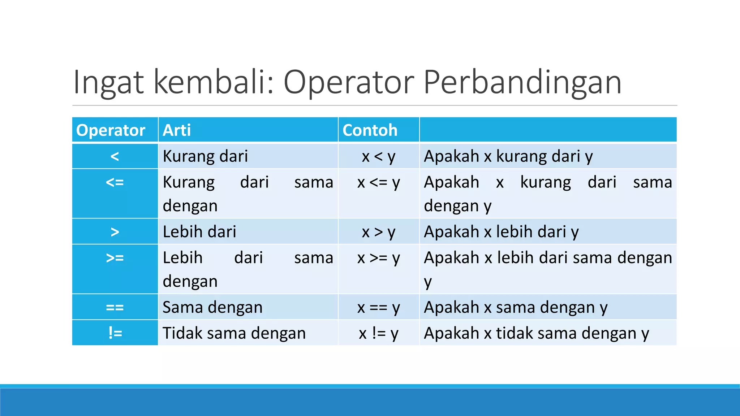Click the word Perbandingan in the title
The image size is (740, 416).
(x=522, y=82)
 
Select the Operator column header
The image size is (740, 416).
(x=111, y=130)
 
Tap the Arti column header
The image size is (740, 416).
(x=177, y=130)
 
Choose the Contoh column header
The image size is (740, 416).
(x=370, y=130)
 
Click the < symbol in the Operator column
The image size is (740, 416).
(x=115, y=156)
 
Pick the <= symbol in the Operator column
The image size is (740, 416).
(x=115, y=182)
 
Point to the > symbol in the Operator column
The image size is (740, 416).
(x=115, y=232)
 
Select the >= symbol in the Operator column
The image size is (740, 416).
(x=115, y=258)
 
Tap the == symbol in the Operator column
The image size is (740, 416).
(x=115, y=307)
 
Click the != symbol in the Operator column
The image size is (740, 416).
(x=115, y=333)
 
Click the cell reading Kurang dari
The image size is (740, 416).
(x=205, y=156)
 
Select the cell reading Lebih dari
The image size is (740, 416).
(x=199, y=232)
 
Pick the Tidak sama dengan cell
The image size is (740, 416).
(x=234, y=333)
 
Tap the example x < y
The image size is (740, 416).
(x=379, y=156)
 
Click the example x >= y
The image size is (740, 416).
(x=379, y=258)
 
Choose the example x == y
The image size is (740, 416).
(x=379, y=307)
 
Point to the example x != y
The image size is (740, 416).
(x=379, y=333)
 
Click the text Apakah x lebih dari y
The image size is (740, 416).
(x=501, y=232)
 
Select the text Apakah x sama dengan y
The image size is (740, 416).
(x=516, y=307)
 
